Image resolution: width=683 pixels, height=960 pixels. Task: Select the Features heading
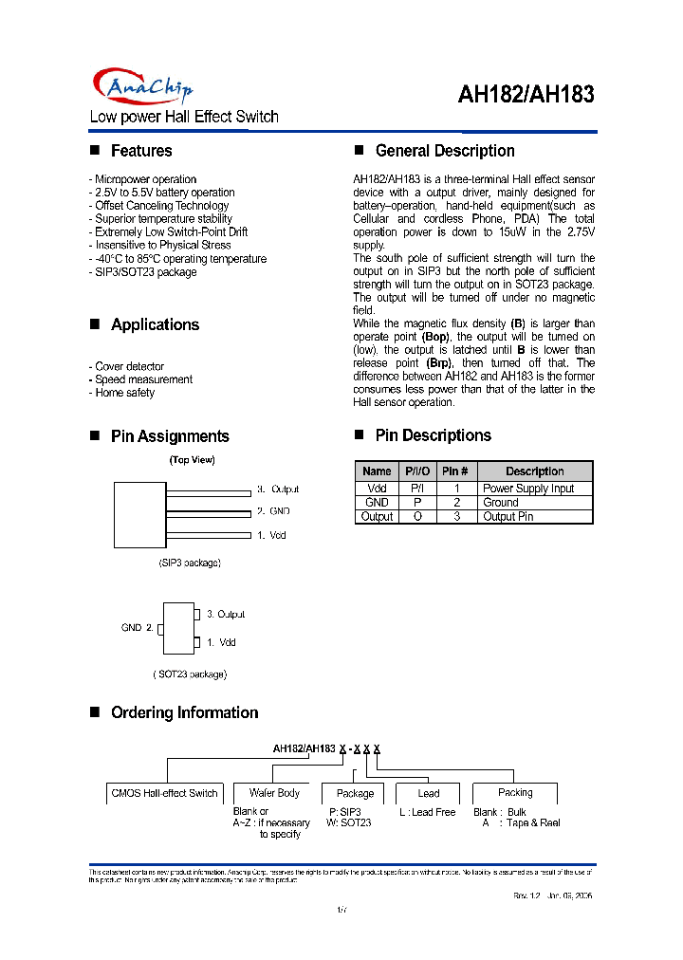coord(141,151)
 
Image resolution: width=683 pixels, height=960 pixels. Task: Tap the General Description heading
coord(445,151)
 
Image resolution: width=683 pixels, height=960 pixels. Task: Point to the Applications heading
coord(155,324)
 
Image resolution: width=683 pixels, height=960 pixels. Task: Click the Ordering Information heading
coord(184,712)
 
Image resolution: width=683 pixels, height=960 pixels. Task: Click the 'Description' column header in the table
coord(534,471)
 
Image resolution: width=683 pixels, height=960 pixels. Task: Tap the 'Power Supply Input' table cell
coord(528,489)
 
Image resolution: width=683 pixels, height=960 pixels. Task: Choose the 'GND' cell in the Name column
coord(377,503)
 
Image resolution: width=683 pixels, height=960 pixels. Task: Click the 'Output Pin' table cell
coord(508,517)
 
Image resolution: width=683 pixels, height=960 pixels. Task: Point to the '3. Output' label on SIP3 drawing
coord(278,489)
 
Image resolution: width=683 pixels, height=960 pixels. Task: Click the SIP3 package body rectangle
coord(139,513)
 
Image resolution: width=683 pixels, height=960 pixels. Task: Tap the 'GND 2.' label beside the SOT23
coord(137,628)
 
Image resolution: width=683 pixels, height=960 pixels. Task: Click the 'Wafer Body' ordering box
coord(274,793)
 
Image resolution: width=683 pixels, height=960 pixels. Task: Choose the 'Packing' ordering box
coord(515,793)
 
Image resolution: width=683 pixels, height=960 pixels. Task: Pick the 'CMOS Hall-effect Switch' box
coord(164,793)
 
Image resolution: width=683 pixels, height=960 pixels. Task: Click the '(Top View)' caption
coord(193,460)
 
